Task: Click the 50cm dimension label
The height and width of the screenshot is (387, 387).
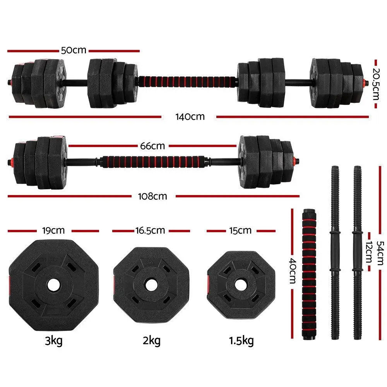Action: [x=74, y=50]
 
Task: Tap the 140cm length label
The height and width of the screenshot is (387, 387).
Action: [x=189, y=116]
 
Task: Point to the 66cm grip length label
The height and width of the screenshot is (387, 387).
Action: [x=152, y=146]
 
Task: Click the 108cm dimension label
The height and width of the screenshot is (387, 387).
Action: [x=152, y=196]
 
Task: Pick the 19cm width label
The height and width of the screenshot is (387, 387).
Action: [x=53, y=231]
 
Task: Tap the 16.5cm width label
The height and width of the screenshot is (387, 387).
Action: [x=150, y=231]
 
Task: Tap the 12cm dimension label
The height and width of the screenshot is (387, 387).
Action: [x=368, y=252]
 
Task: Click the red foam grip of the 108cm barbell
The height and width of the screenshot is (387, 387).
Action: [x=152, y=161]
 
